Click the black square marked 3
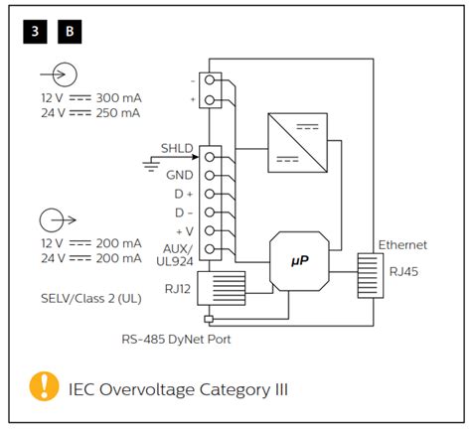[35, 32]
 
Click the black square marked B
[70, 32]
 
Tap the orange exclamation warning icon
[44, 386]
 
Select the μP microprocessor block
[299, 261]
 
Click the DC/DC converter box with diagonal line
[297, 143]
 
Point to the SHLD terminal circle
[210, 157]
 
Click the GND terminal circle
[210, 176]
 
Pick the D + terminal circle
[210, 194]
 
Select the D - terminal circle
[210, 212]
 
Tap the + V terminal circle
[210, 230]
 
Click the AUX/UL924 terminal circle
[210, 249]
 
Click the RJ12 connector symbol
[222, 288]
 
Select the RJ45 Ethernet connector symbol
[371, 276]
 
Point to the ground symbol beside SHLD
[151, 165]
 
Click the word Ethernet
[402, 245]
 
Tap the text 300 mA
[118, 98]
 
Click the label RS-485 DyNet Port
[176, 340]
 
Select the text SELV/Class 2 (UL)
[91, 299]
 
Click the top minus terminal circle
[210, 79]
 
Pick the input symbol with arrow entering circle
[59, 74]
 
